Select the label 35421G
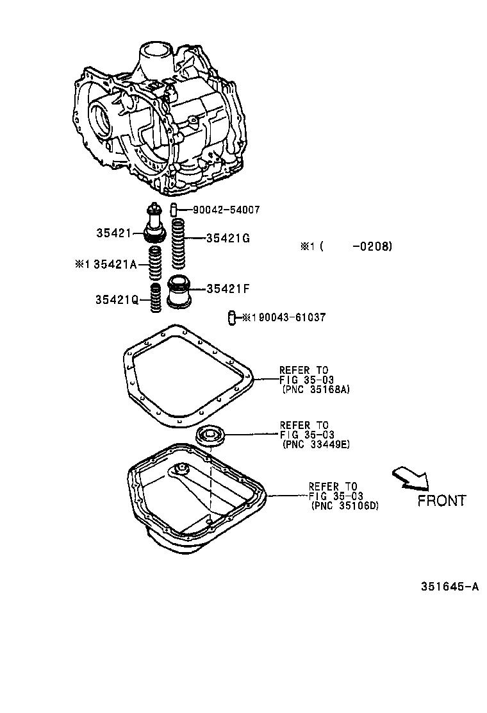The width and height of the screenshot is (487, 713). [x=227, y=239]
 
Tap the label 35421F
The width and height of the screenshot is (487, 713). [x=227, y=289]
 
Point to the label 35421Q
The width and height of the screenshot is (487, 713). [x=117, y=299]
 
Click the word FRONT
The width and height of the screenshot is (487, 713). [x=442, y=501]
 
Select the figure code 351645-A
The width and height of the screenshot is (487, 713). [x=450, y=587]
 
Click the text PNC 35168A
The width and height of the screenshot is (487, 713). [x=315, y=389]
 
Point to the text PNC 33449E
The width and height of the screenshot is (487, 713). [x=315, y=444]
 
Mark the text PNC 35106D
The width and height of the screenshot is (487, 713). [x=345, y=505]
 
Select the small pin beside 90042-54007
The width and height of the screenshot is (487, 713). [x=173, y=210]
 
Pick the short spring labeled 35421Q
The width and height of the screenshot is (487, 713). [x=154, y=298]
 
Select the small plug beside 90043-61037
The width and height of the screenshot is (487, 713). [x=233, y=317]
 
